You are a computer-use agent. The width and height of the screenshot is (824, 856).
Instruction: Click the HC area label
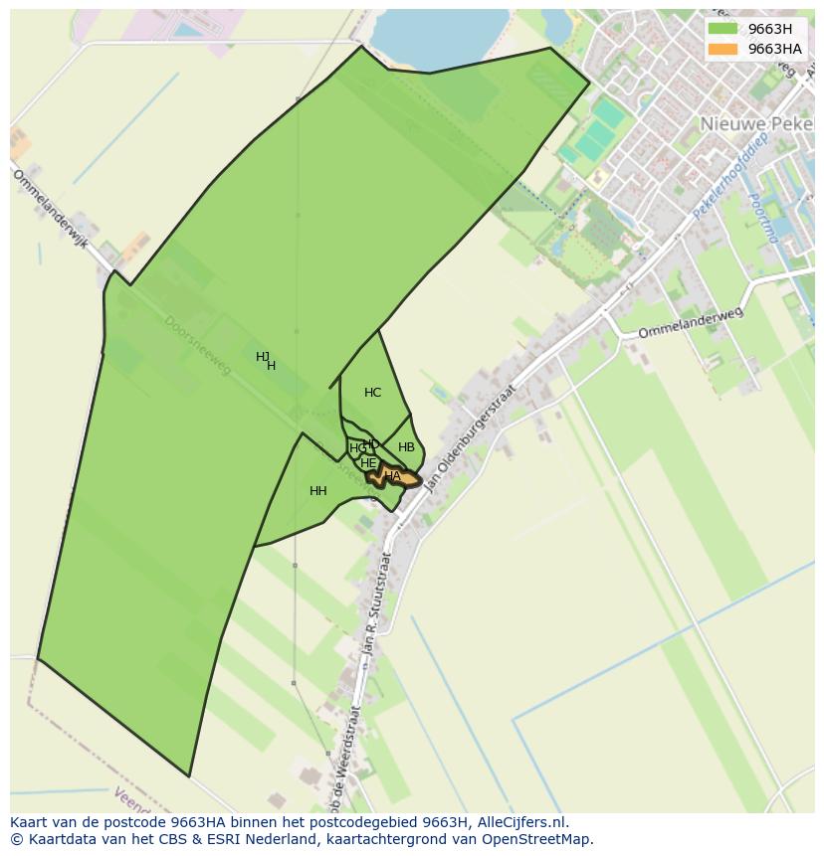(x=372, y=393)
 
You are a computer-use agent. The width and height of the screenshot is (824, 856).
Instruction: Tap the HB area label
(x=406, y=447)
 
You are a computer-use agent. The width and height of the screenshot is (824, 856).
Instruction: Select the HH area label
(x=318, y=491)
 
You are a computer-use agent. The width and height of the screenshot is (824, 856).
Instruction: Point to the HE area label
(x=368, y=463)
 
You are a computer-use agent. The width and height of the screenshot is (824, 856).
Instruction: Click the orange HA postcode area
(x=395, y=477)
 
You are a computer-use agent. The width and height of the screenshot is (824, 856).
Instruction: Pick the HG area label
(x=356, y=449)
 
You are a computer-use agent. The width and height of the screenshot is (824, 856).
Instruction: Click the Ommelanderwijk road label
(x=51, y=221)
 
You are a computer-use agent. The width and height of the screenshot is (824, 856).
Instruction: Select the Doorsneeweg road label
(x=197, y=345)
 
